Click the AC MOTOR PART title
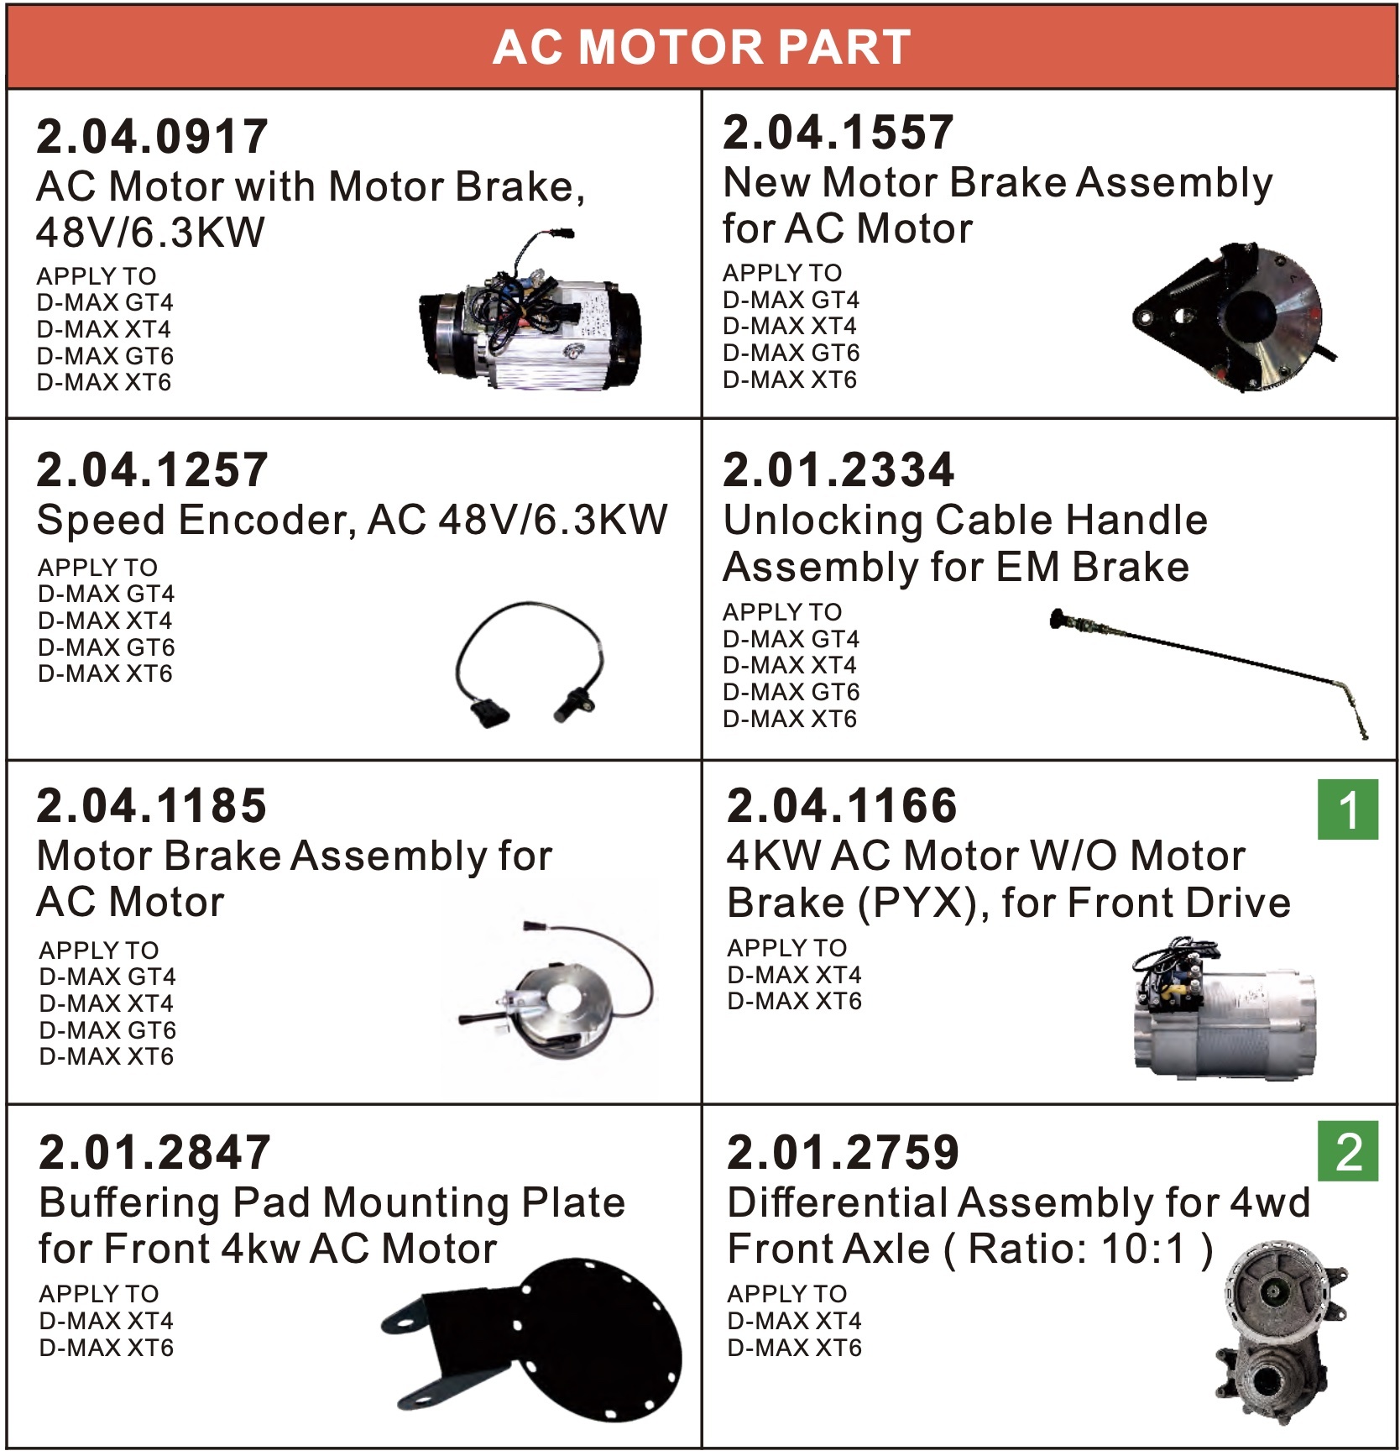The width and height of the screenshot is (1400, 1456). (x=701, y=46)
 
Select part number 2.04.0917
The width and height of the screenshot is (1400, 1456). (x=152, y=136)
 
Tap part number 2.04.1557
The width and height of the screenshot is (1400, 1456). (x=838, y=132)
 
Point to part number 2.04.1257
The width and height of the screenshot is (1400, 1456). (x=152, y=469)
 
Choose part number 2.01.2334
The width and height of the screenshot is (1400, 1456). (x=838, y=469)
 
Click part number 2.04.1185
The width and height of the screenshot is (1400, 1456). (x=152, y=805)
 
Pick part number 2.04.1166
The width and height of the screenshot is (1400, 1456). (x=842, y=805)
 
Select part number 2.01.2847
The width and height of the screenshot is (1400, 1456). (x=154, y=1151)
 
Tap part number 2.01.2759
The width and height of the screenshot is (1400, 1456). (x=843, y=1151)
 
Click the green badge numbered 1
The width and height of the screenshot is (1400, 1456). (x=1348, y=809)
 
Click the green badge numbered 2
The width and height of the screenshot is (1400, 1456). (x=1348, y=1151)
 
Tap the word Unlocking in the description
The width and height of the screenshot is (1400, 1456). (x=823, y=521)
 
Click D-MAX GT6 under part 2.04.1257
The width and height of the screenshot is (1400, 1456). (x=107, y=647)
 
